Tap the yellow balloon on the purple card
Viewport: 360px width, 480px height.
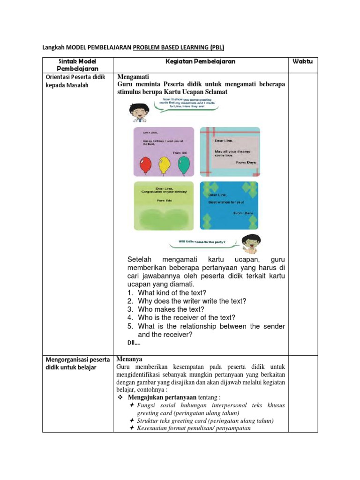(164, 164)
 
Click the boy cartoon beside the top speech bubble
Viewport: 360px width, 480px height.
(137, 112)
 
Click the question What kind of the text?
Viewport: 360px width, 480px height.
(172, 293)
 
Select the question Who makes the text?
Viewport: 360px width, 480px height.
(171, 309)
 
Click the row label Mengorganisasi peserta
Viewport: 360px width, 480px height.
(77, 360)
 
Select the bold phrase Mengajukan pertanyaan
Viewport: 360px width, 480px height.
(162, 397)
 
